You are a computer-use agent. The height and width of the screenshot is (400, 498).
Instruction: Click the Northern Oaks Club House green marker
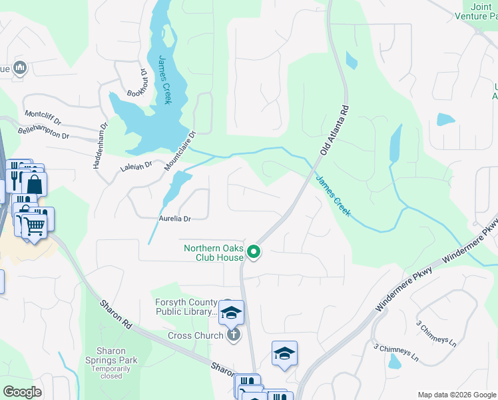[253, 251]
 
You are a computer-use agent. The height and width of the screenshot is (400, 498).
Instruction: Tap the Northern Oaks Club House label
[213, 253]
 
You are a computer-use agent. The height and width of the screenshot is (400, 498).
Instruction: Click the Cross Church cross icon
[233, 335]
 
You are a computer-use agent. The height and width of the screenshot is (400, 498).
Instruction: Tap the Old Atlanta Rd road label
[334, 130]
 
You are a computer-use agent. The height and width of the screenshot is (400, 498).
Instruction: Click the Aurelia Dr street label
[174, 218]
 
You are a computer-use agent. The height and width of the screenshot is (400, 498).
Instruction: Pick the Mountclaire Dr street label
[180, 150]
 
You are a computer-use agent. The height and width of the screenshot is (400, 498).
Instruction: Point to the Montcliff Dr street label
[43, 118]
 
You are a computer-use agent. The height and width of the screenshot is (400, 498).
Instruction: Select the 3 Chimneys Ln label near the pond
[395, 351]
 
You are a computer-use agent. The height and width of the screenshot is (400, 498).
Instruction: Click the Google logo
[23, 391]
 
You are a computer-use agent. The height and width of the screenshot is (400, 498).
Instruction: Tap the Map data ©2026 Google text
[457, 395]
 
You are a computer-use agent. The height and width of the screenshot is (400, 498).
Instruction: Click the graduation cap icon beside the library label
[231, 312]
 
